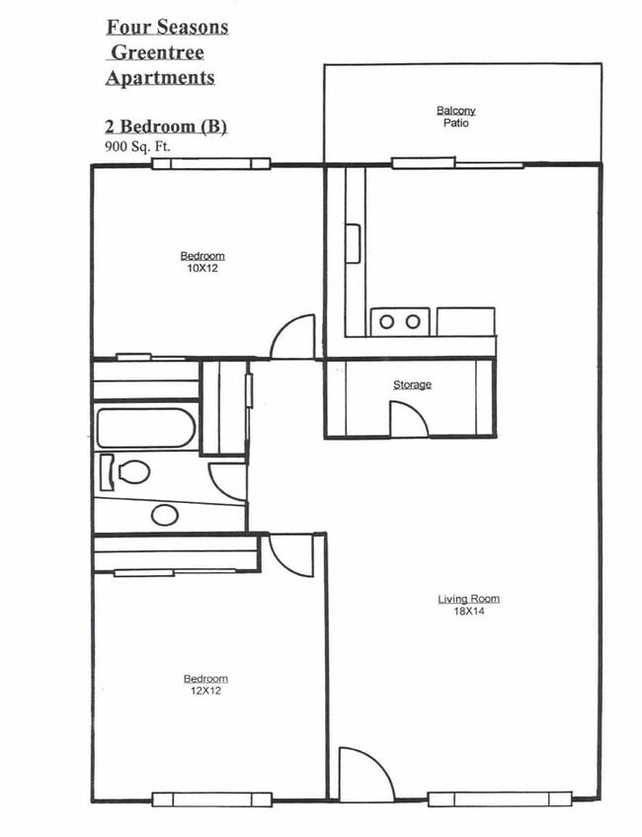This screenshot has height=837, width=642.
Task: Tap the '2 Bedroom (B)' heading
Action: click(x=166, y=127)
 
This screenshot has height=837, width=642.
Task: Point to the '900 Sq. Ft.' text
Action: click(x=139, y=146)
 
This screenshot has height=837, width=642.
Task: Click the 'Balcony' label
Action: click(x=455, y=111)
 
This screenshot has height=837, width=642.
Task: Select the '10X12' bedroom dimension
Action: click(x=202, y=268)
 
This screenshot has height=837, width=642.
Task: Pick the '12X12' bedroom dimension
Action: click(x=205, y=691)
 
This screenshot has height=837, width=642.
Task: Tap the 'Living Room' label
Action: click(x=469, y=599)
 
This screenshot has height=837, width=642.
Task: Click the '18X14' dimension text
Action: click(x=469, y=611)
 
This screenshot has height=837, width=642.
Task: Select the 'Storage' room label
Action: click(x=412, y=384)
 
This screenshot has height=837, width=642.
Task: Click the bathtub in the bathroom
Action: click(x=146, y=428)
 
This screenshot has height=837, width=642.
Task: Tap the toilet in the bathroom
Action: click(x=129, y=472)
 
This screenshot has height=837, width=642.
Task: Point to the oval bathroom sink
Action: click(x=165, y=515)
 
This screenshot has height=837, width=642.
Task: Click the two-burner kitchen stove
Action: click(x=399, y=321)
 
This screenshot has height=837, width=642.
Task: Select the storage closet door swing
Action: click(x=409, y=419)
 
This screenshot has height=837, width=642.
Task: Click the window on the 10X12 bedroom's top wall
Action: click(x=210, y=163)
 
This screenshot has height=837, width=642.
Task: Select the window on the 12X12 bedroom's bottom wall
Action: click(x=211, y=799)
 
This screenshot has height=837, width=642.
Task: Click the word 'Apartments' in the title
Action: click(x=159, y=77)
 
